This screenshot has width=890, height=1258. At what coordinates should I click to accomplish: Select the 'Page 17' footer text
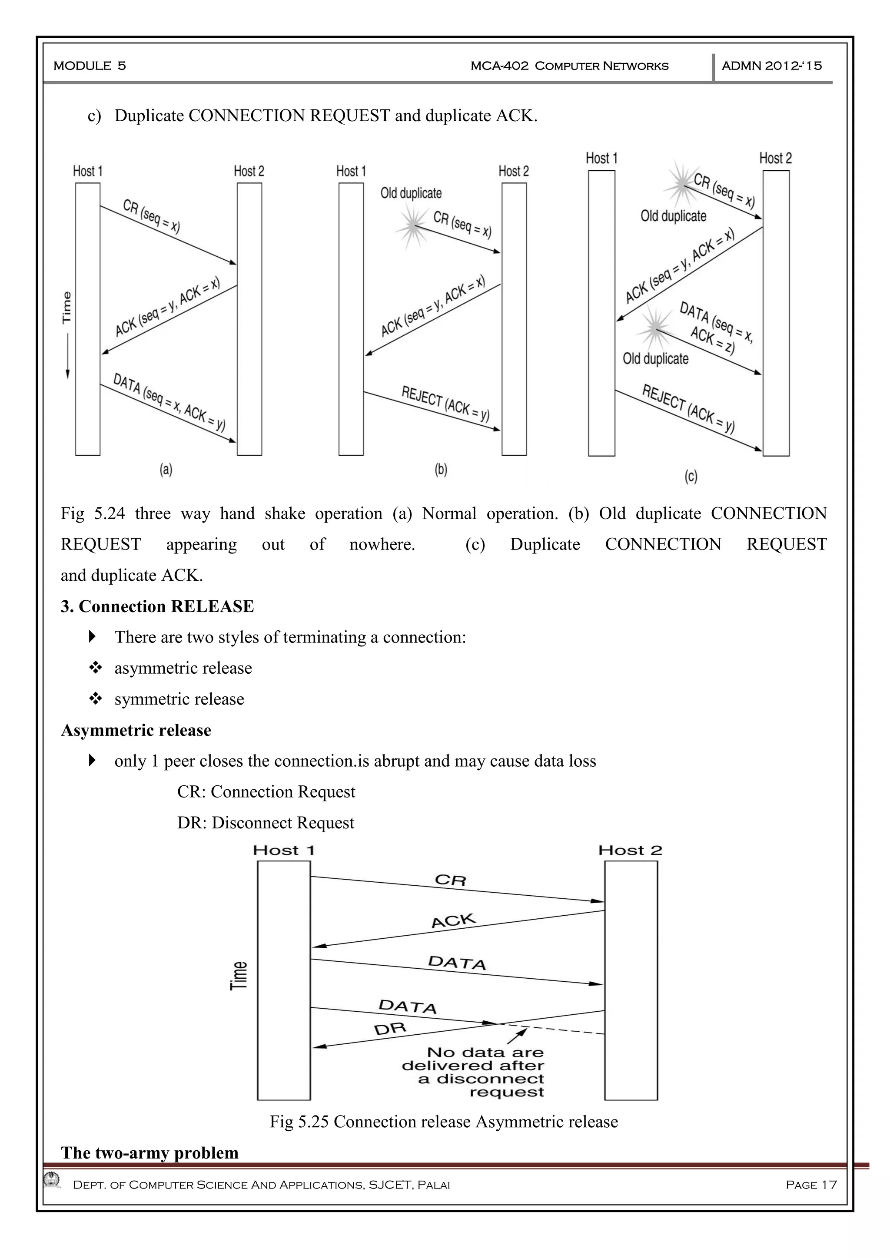(811, 1185)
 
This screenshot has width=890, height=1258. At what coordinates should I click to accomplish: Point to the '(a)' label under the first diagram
(166, 470)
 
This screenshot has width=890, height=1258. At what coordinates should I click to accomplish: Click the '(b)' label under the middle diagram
(441, 470)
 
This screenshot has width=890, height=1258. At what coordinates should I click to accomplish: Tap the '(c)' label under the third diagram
(691, 476)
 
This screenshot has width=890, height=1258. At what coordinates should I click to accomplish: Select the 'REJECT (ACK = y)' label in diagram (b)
(445, 403)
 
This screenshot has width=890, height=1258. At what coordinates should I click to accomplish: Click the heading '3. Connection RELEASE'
(157, 606)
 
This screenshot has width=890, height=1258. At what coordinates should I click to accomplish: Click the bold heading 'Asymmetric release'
(136, 730)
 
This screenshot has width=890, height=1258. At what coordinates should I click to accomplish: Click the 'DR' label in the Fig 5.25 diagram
(390, 1029)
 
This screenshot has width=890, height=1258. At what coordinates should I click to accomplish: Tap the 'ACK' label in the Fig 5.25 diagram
(453, 920)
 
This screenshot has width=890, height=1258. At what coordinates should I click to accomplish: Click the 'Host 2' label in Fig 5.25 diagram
(630, 851)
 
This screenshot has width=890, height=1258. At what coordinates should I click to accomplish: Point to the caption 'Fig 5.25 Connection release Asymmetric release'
(443, 1122)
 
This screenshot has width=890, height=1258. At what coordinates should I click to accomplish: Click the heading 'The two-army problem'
(149, 1153)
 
